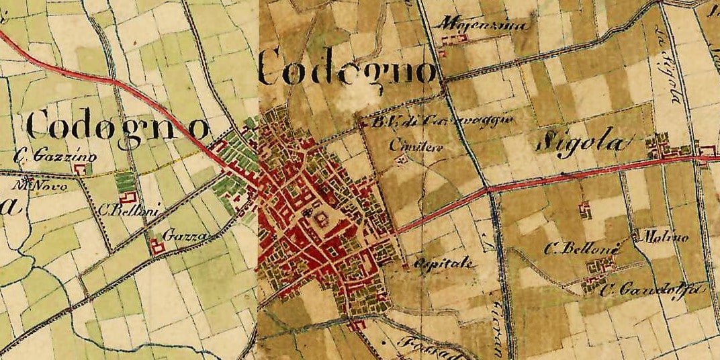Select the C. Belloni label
pos(128,211)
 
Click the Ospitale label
pos(446,263)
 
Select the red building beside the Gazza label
pos(159,246)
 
